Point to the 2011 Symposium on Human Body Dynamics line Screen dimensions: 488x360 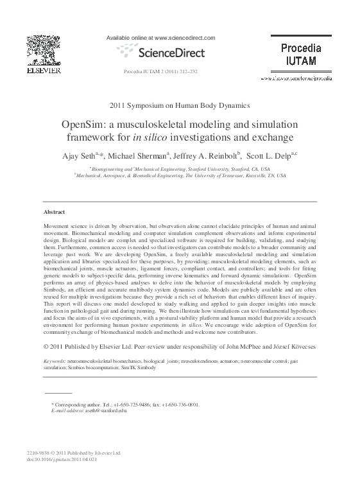[x=180, y=105]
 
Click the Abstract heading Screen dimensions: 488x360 [x=54, y=212]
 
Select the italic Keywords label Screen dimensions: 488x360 [x=54, y=362]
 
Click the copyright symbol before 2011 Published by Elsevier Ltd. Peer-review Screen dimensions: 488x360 [x=46, y=347]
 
